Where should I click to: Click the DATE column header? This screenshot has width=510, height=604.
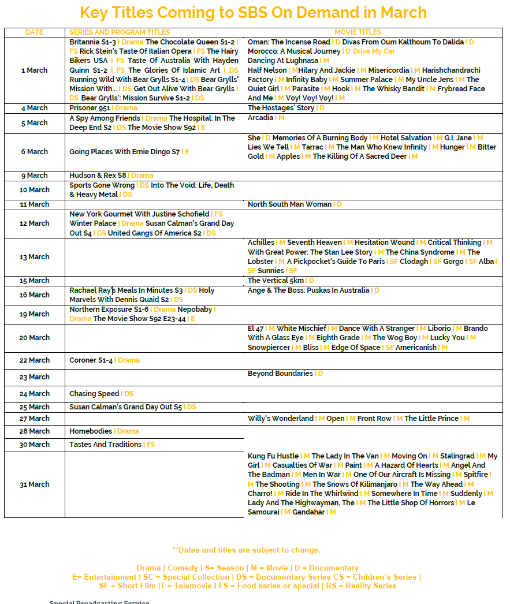34,32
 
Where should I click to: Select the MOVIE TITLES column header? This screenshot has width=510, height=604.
358,32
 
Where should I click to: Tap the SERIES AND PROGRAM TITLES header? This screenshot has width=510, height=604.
120,32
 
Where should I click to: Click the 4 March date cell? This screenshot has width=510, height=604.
35,108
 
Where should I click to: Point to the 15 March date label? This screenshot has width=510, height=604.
35,281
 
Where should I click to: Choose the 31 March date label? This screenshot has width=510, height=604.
35,484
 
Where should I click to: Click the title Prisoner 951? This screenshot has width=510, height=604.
90,108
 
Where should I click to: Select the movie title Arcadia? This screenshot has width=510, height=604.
260,118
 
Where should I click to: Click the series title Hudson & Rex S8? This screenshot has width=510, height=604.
98,176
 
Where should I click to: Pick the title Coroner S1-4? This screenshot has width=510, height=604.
91,360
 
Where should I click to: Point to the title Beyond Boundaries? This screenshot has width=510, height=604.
280,374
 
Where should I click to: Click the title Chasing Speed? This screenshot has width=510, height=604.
94,394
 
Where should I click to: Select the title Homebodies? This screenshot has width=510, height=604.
91,431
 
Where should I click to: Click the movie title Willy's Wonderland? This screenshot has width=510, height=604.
281,419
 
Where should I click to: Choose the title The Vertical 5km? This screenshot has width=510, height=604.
276,281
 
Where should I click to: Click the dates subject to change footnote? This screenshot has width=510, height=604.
247,550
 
